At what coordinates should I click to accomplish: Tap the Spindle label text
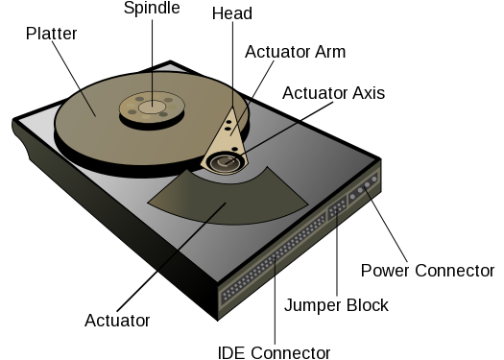click(x=151, y=9)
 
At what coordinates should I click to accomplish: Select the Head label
click(x=231, y=13)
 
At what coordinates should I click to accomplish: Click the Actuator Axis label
click(x=333, y=93)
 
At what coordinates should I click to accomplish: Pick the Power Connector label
click(x=426, y=271)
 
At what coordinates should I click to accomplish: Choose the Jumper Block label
click(x=336, y=305)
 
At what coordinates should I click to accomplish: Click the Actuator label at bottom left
click(x=118, y=319)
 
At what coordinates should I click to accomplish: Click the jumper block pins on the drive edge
click(x=337, y=217)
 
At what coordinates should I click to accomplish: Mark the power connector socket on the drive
click(x=366, y=189)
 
